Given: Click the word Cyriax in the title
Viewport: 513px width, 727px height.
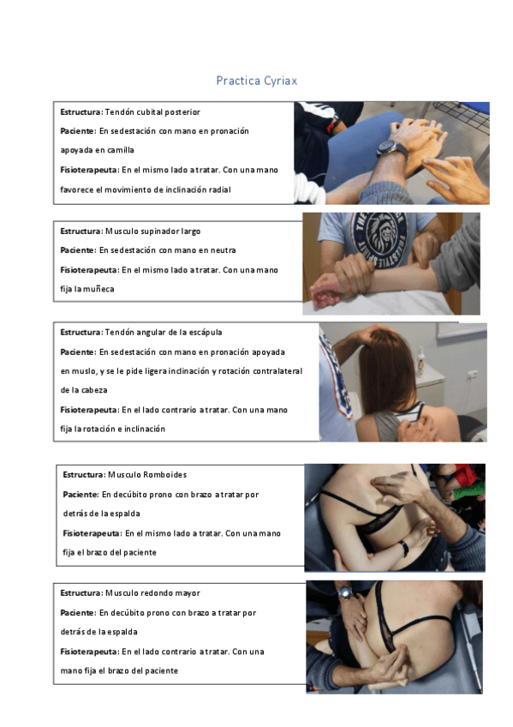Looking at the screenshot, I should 279,81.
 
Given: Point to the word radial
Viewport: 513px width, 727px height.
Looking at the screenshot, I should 218,189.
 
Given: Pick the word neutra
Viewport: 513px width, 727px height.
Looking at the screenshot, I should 221,250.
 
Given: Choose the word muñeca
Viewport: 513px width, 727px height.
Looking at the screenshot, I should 98,289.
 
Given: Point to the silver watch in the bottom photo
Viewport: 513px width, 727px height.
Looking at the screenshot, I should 344,592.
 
